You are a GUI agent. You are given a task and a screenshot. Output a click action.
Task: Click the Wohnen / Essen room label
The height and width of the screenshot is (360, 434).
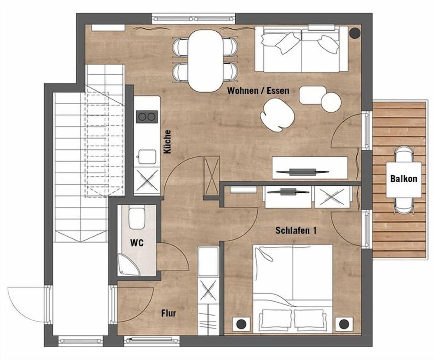coord(258,91)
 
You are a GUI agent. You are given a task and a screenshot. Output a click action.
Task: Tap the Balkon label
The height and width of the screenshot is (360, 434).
coord(404,178)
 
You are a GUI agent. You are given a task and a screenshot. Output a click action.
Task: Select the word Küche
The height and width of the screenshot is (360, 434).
coord(168,142)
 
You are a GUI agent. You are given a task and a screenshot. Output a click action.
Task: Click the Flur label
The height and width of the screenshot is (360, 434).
coord(168,313)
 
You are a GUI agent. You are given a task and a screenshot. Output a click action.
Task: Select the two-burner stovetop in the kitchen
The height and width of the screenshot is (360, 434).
coord(147,116)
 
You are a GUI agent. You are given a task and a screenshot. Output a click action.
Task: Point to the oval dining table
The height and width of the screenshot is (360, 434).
coord(206,60)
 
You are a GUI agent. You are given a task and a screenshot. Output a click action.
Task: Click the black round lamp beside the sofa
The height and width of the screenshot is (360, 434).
coord(355,33)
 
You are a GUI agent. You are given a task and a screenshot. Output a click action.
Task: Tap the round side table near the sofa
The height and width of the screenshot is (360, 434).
coord(331,102)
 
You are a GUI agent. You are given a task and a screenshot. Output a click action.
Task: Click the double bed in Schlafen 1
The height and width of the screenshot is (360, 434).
coord(293,287)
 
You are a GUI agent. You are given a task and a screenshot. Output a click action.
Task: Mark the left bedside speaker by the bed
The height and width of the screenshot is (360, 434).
coord(241,324)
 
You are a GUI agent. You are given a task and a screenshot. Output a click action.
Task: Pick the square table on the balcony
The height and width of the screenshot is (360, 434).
coord(404,179)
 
